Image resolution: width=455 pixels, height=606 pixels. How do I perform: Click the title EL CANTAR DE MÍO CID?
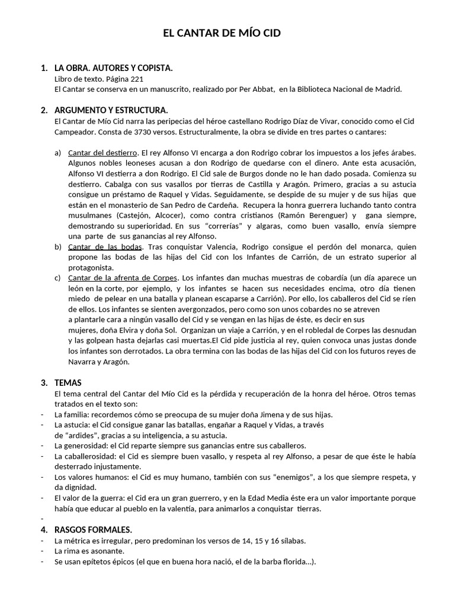(222, 34)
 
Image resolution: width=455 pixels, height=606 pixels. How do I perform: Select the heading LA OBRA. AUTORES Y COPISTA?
(113, 68)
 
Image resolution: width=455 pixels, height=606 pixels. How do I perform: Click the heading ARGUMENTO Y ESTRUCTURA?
(111, 110)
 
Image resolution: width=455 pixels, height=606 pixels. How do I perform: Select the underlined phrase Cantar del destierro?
(102, 153)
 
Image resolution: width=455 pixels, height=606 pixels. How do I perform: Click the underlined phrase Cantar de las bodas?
(104, 246)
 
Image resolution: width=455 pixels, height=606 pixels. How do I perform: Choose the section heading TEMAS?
(68, 382)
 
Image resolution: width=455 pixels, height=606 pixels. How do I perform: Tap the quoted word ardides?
(74, 435)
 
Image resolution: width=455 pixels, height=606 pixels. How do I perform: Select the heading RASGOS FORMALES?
(93, 529)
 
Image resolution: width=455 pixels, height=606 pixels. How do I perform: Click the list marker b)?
(58, 246)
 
